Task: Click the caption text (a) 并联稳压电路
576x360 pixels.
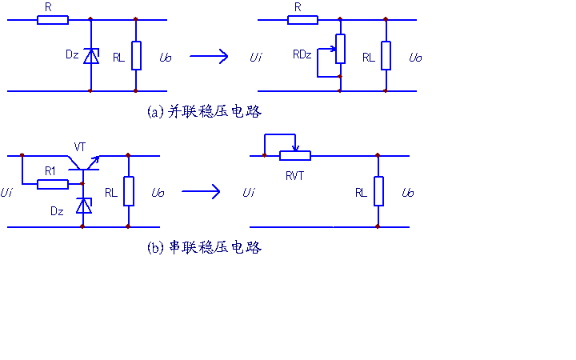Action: pos(205,112)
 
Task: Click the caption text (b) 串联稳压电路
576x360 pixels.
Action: pos(205,248)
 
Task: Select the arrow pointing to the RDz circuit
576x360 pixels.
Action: pos(209,56)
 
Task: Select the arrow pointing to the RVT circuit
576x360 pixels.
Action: pos(201,191)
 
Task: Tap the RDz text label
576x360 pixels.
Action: pos(302,54)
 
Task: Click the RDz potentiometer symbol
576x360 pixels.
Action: pos(340,49)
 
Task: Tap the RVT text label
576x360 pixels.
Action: pos(294,176)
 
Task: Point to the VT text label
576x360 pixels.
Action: pos(80,146)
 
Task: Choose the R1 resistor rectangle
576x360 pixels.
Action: pos(53,184)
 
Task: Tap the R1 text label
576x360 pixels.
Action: pos(50,170)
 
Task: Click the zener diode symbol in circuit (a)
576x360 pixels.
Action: pos(91,55)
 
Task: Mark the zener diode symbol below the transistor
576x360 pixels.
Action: pos(82,206)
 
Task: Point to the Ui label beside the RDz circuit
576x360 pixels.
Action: pos(255,58)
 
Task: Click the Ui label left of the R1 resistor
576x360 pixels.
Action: pos(6,192)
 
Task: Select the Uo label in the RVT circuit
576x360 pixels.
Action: pos(408,193)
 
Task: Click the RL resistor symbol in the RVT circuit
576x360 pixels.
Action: pos(378,192)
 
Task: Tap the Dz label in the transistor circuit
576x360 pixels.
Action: pos(57,211)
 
